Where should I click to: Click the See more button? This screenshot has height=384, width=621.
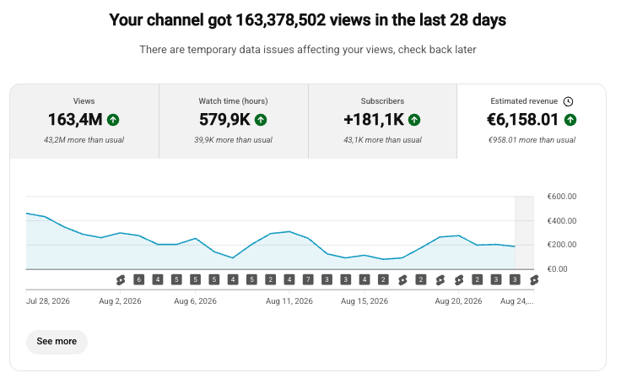point(57,342)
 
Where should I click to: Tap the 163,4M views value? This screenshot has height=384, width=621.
point(75,120)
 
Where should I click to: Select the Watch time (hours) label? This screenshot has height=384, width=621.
point(233,101)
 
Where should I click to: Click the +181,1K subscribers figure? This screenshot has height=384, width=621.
point(374,120)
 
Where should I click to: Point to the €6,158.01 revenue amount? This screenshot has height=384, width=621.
point(522,120)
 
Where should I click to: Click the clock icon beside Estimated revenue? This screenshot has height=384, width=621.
point(568,101)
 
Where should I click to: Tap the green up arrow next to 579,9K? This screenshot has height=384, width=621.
point(261,120)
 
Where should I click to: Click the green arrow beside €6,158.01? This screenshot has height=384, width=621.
point(570,120)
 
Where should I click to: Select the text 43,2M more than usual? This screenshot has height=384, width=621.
point(84,140)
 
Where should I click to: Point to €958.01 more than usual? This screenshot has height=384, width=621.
point(532,140)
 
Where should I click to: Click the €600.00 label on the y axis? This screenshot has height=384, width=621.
point(562,197)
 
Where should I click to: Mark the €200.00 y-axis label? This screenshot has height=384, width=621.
point(562,245)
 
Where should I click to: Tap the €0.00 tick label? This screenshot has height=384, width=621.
point(557,269)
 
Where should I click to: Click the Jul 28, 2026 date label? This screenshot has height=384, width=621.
point(48,301)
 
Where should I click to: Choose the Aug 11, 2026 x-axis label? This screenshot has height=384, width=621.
point(289,301)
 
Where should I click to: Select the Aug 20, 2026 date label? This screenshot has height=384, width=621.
point(458,301)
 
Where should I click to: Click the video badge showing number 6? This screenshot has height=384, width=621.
point(138,280)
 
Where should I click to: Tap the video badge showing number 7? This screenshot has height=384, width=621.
point(308,280)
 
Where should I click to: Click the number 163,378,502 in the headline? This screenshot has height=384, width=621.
point(280,19)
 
